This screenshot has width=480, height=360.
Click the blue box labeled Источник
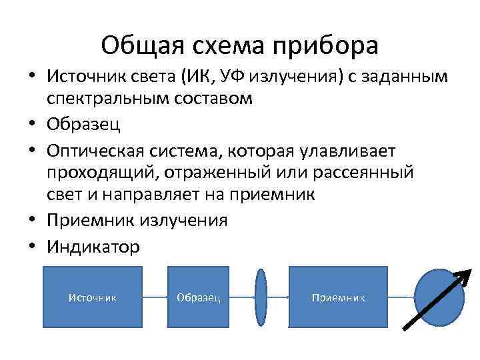pos(93,297)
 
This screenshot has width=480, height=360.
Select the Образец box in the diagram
pos(199,297)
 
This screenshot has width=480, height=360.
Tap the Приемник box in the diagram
pos(338,297)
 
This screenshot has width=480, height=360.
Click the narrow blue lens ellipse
pos(261,297)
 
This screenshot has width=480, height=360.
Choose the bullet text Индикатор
pos(93,247)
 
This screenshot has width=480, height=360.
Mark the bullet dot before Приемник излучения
pos(31,221)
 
